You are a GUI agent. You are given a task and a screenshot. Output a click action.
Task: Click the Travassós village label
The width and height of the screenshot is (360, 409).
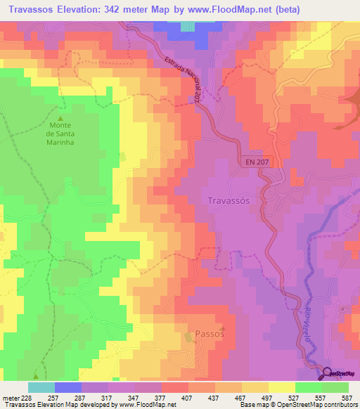click(x=229, y=200)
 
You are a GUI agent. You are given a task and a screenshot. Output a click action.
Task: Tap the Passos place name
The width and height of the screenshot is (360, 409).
click(x=209, y=335)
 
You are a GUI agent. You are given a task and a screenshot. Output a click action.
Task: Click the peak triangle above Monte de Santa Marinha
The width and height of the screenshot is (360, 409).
click(x=60, y=118)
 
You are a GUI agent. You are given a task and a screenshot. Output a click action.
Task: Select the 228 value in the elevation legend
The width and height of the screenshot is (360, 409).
click(x=25, y=397)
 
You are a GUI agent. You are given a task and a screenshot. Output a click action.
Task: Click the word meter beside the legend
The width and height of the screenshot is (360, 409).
click(x=9, y=397)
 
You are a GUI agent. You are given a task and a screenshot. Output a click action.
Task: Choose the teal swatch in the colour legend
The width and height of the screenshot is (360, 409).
click(x=41, y=387)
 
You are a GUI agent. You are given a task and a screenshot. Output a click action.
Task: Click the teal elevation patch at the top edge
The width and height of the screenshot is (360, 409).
click(x=188, y=26)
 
